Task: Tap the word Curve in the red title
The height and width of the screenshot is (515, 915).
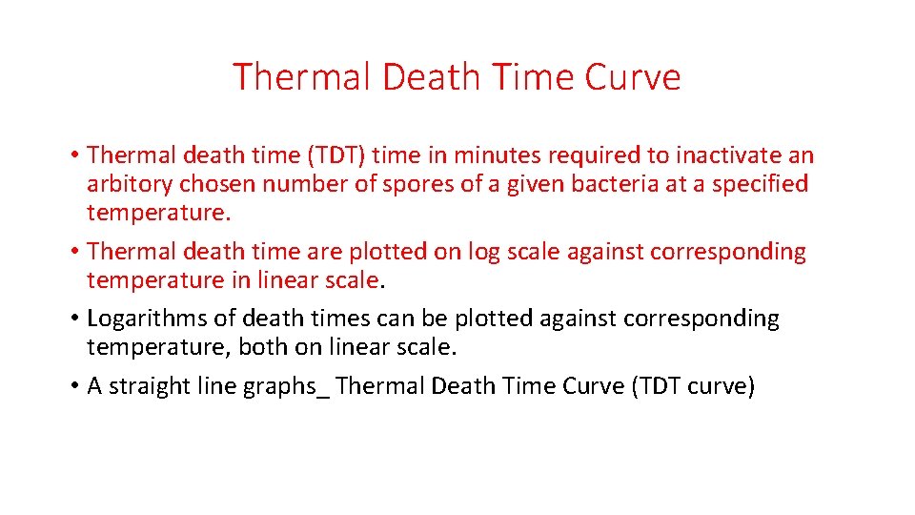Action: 633,77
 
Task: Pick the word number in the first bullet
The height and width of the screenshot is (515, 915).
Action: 304,183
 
